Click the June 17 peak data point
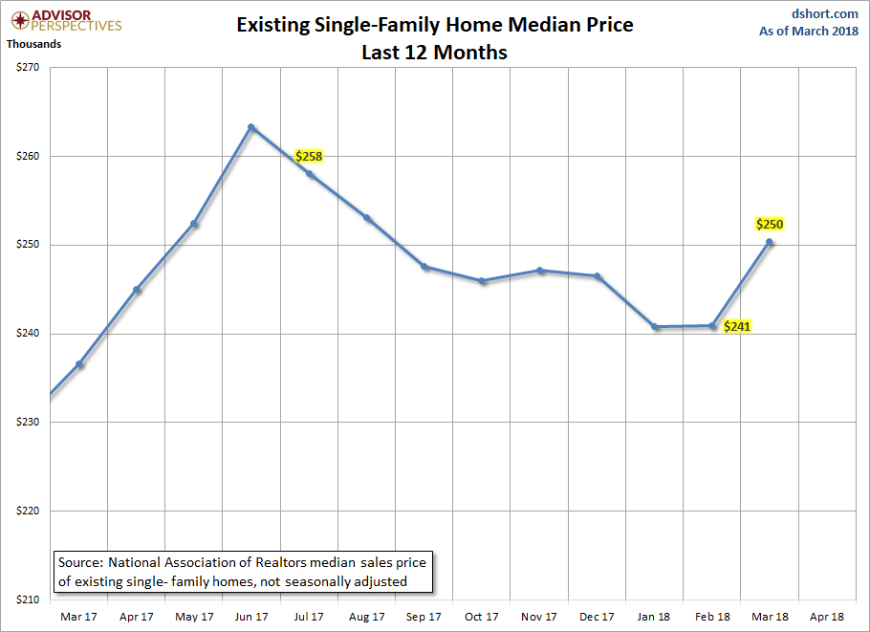coord(251,127)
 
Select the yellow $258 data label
coord(309,157)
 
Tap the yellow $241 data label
coord(737,326)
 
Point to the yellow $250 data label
coord(770,224)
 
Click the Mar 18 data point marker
coord(769,242)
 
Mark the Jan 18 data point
coord(655,327)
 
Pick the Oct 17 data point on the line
coord(482,281)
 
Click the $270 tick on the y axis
coord(28,67)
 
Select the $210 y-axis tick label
coord(28,599)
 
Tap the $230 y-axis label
coord(28,422)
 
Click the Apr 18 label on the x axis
coord(827,617)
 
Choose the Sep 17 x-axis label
coord(424,617)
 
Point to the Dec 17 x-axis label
coord(597,617)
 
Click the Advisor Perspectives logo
coord(66,20)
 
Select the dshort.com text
coord(824,13)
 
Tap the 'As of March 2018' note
coord(809,31)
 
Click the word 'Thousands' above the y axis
coord(33,44)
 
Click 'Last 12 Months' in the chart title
coord(434,53)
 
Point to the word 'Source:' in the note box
coord(80,562)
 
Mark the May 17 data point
coord(194,224)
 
